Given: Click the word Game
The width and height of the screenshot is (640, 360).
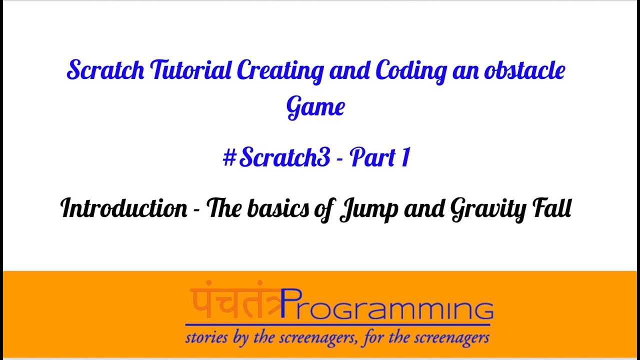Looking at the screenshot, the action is point(315,107).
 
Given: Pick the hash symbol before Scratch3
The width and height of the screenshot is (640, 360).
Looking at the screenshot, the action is point(229,158).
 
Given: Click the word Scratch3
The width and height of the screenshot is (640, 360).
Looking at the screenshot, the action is point(284,157).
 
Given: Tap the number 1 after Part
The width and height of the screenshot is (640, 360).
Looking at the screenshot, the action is point(405,157).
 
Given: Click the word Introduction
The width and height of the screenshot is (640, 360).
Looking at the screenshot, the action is point(124,208).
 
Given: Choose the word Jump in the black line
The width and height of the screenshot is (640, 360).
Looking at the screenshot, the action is point(368,210).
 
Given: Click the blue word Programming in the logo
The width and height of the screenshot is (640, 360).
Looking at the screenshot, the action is point(387,304).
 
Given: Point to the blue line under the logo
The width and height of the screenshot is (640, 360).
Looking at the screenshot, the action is point(337,325).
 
